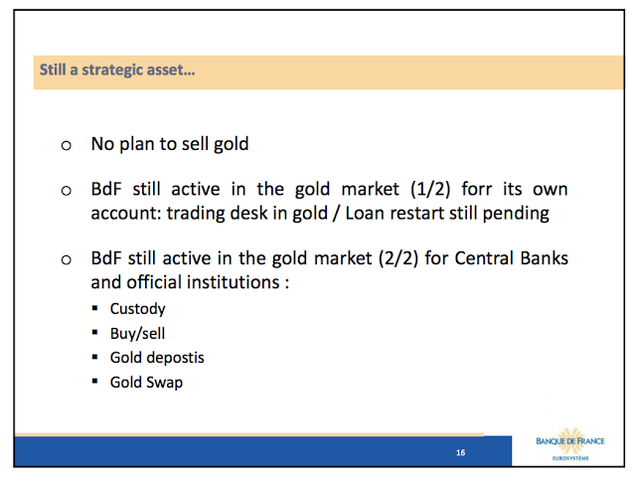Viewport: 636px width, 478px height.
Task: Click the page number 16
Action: pos(460,452)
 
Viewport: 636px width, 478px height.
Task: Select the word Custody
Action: pos(137,309)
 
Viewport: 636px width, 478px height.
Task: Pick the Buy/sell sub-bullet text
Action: pos(137,334)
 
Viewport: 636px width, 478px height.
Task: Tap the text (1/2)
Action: pos(430,190)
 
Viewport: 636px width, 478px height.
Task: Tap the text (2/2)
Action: pos(397,258)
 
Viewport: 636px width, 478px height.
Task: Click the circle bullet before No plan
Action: pos(67,145)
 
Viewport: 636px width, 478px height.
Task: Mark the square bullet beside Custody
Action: pos(95,308)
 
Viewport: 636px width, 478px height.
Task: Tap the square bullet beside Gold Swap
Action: pos(95,382)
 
